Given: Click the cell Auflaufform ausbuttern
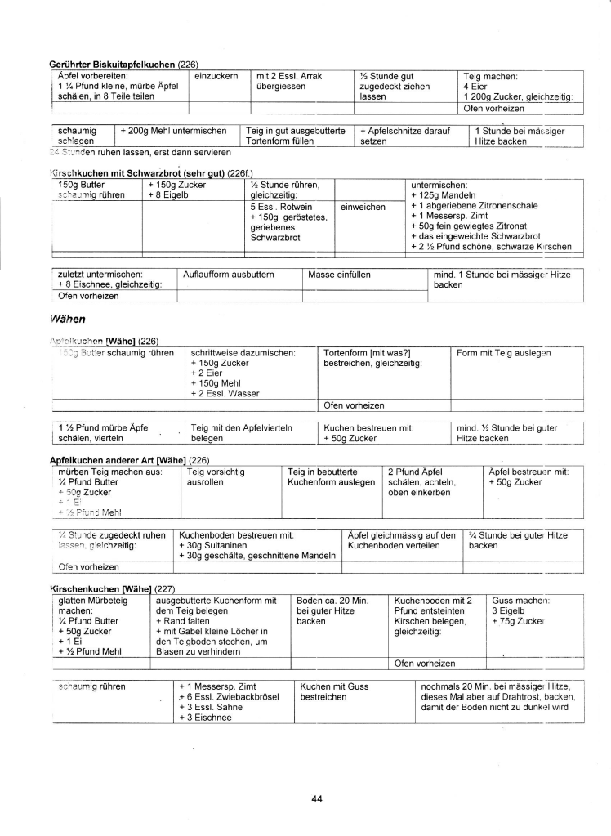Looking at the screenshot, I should click(228, 274).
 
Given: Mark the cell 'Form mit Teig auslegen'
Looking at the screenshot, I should click(504, 353).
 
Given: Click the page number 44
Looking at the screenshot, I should click(317, 798).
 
